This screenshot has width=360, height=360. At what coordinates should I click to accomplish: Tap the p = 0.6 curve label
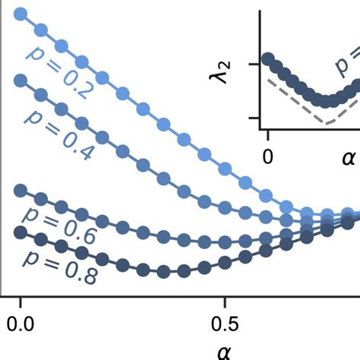click(x=58, y=224)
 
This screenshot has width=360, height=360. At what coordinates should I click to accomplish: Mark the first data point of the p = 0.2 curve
click(x=21, y=14)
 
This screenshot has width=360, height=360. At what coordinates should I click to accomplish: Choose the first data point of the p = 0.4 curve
click(x=21, y=79)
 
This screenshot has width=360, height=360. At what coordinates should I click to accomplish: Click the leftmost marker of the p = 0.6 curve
click(x=21, y=190)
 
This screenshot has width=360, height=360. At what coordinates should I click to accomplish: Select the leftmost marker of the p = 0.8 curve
click(x=21, y=230)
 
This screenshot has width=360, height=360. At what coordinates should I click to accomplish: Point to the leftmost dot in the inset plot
click(x=267, y=58)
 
